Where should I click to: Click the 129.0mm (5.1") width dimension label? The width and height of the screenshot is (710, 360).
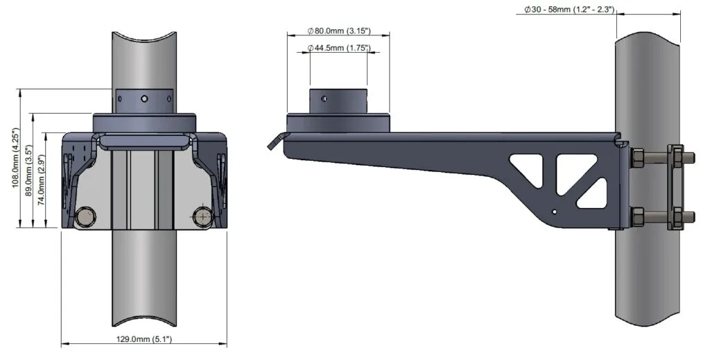pos(144,338)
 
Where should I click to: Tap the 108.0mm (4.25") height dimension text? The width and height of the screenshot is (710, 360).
pos(15,158)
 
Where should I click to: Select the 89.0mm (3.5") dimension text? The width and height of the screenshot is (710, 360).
pos(28,170)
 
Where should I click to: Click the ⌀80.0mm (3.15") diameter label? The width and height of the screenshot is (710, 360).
pos(339,31)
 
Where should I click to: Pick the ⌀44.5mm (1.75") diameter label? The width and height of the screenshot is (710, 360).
pos(339,48)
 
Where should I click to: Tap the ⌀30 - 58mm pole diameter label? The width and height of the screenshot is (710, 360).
pos(570,9)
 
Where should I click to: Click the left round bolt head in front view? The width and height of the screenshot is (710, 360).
pos(85,217)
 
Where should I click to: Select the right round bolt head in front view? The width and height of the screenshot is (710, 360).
pos(202,217)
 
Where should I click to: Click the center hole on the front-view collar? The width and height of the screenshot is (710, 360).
pos(144,98)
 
